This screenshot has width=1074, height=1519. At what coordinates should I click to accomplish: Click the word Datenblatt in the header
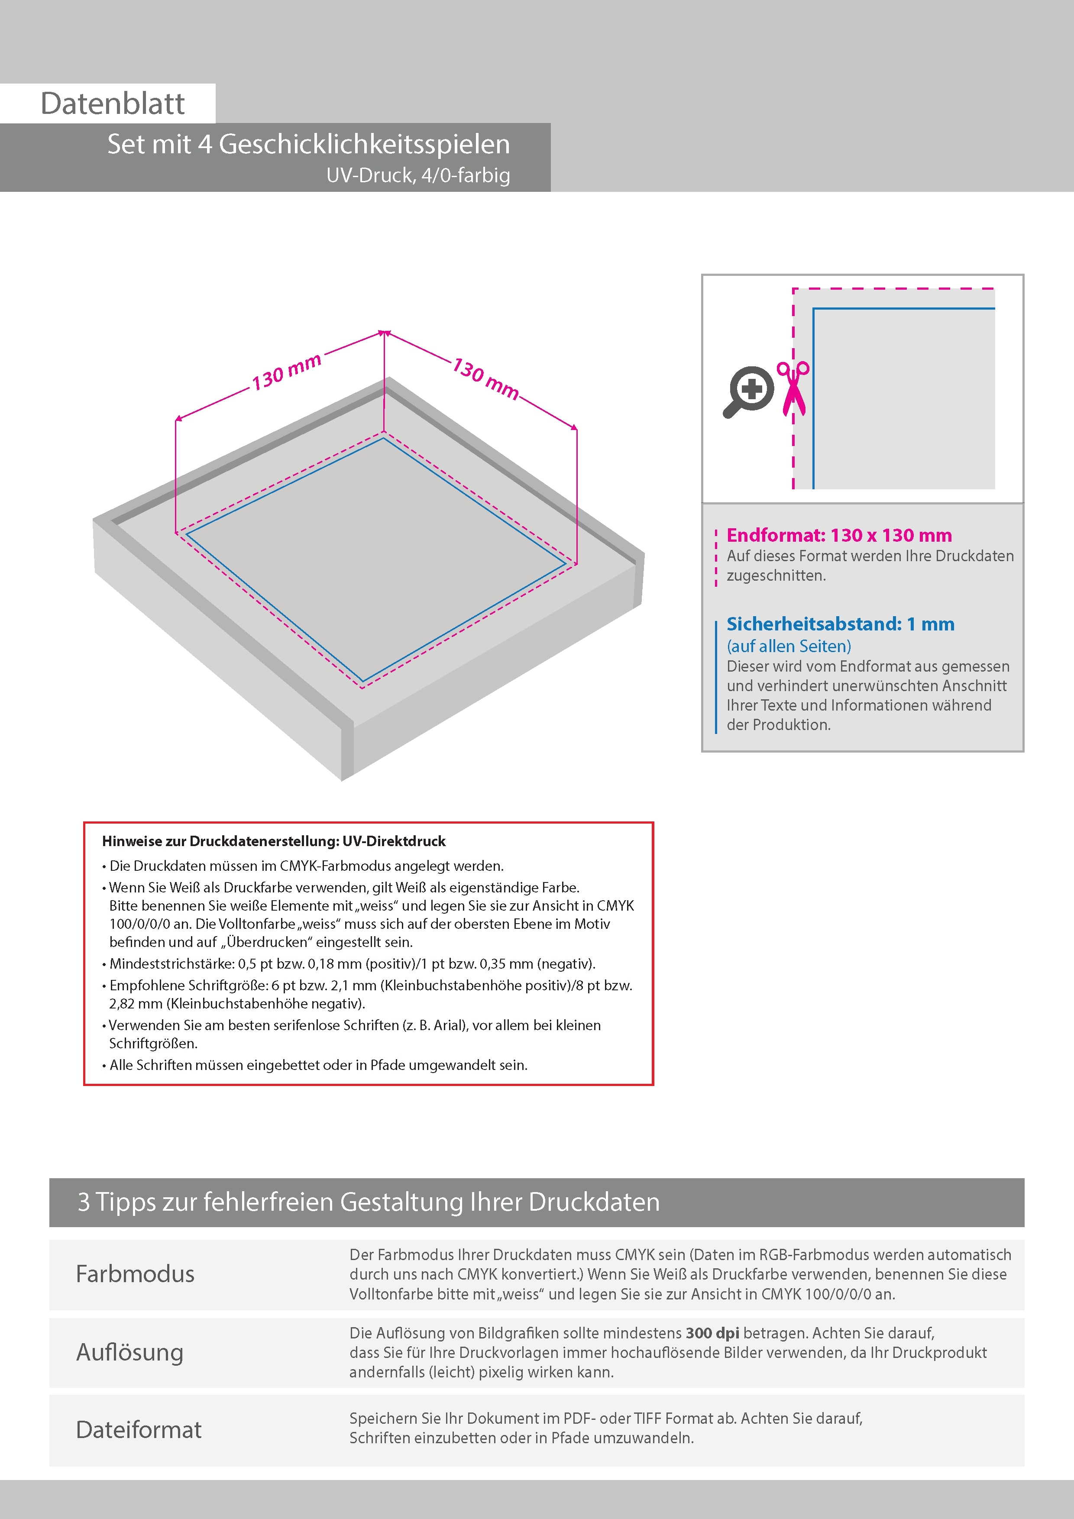(113, 104)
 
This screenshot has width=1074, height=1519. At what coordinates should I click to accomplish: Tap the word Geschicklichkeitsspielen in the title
(364, 144)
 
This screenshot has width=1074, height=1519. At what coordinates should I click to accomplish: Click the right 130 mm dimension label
(485, 379)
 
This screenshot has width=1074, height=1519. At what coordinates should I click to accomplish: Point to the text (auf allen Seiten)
(788, 646)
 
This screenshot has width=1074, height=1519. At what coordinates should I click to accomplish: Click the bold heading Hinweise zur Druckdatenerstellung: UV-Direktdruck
(273, 841)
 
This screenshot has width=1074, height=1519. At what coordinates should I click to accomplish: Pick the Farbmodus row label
(135, 1274)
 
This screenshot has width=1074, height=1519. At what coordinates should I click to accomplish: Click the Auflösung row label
(129, 1352)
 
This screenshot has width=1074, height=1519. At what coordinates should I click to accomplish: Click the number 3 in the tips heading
(84, 1202)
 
